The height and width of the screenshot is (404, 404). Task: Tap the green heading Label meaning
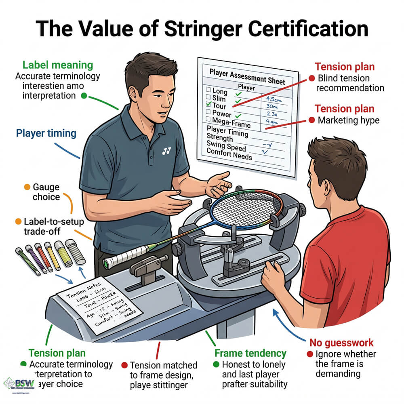(x=58, y=65)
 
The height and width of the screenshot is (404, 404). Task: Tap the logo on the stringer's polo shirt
(x=166, y=151)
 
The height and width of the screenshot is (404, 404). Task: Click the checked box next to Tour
(x=208, y=105)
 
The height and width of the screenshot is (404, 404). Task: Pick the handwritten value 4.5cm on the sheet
(x=274, y=97)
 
